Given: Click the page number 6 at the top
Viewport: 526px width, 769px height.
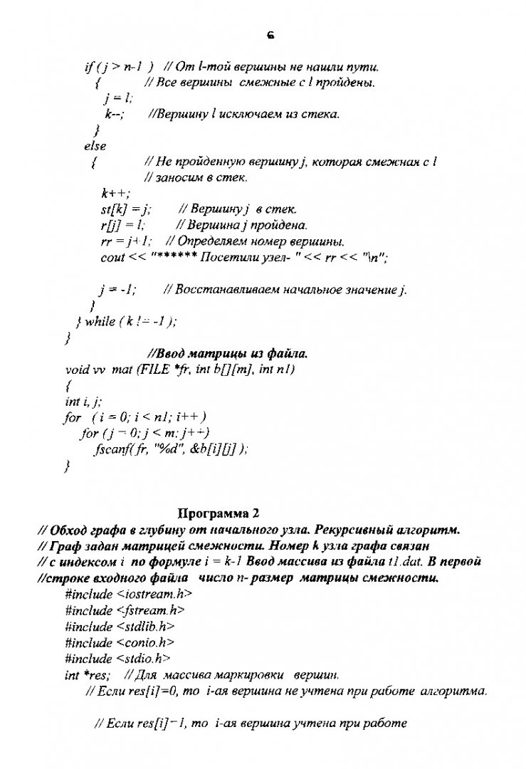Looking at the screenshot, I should point(271,33).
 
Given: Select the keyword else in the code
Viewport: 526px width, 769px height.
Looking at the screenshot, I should point(95,146).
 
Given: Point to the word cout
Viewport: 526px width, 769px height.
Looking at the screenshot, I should point(113,257).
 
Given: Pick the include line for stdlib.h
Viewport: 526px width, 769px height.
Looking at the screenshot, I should point(120,627).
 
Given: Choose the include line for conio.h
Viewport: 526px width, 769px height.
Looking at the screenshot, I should point(117,643).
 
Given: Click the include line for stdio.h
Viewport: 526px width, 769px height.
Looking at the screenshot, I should point(117,659).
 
